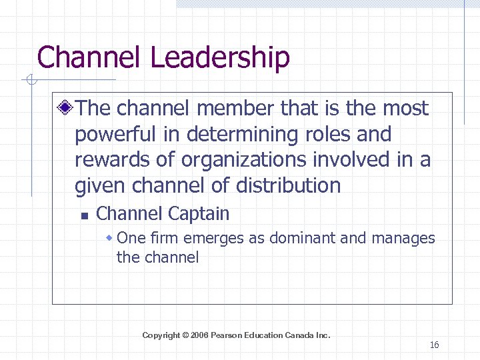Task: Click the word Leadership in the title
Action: tap(219, 57)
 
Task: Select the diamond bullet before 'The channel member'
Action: tap(65, 108)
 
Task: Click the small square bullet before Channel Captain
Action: tap(83, 215)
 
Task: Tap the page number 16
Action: tap(435, 345)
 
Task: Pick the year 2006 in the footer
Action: tap(199, 335)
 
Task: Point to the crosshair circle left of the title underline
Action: tap(29, 81)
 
